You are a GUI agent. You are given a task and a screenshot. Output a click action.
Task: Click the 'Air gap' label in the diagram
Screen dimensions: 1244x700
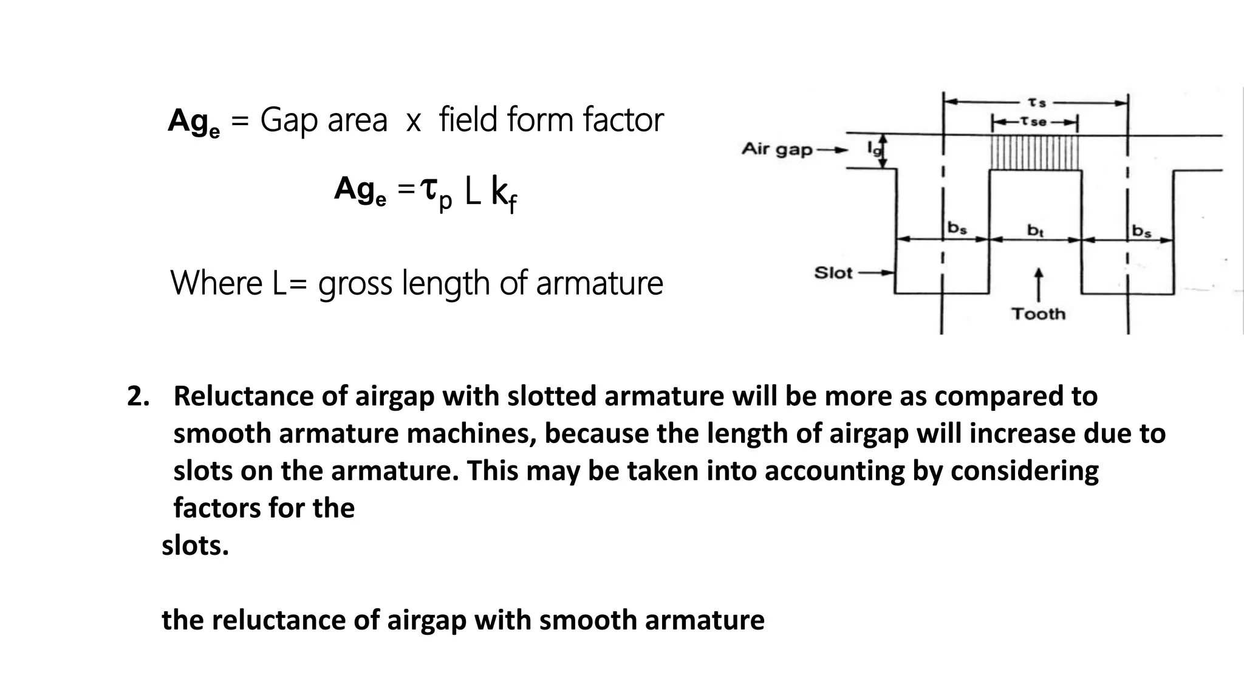(777, 149)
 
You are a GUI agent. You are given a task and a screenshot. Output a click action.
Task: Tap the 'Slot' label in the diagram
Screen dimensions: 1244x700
(833, 273)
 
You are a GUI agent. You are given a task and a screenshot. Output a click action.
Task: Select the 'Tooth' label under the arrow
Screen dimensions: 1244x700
(1038, 314)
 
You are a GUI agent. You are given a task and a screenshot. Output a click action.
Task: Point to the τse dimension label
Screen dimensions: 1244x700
(1034, 122)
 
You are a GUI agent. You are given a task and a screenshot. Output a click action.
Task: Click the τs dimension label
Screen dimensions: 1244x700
(1036, 103)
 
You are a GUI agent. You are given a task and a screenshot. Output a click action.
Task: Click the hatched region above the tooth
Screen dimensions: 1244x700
(1035, 153)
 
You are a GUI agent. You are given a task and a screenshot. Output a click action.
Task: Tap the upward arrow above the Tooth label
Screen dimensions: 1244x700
(1038, 283)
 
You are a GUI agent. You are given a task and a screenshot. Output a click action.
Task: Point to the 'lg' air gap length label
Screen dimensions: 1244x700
(873, 148)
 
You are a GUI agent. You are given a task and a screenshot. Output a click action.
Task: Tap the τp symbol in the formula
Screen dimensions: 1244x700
(437, 193)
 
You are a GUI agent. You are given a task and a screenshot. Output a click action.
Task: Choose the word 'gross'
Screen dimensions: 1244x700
(355, 284)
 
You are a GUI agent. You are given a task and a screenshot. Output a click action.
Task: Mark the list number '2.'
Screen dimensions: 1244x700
(138, 396)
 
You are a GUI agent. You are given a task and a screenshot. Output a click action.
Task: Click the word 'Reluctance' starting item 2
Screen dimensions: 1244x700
(244, 396)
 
